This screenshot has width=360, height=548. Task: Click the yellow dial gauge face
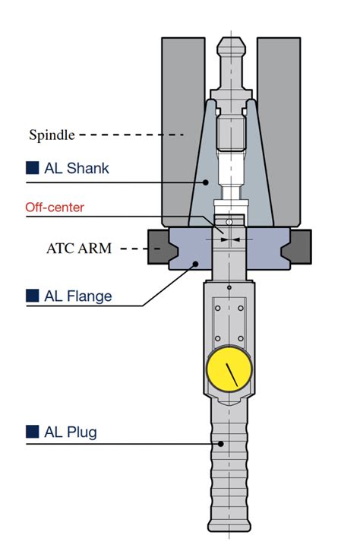pos(229,369)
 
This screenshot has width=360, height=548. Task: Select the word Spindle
pos(52,135)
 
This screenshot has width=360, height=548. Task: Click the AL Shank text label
pos(77,168)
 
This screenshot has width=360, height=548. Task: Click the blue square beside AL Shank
pos(32,168)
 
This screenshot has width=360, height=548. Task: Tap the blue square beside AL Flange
pos(32,296)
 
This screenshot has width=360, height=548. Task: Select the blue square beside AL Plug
pos(32,432)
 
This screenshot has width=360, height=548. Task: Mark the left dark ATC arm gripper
pos(161,247)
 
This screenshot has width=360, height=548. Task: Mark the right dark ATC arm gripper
pos(297,247)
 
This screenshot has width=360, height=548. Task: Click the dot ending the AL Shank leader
pos(205,182)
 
